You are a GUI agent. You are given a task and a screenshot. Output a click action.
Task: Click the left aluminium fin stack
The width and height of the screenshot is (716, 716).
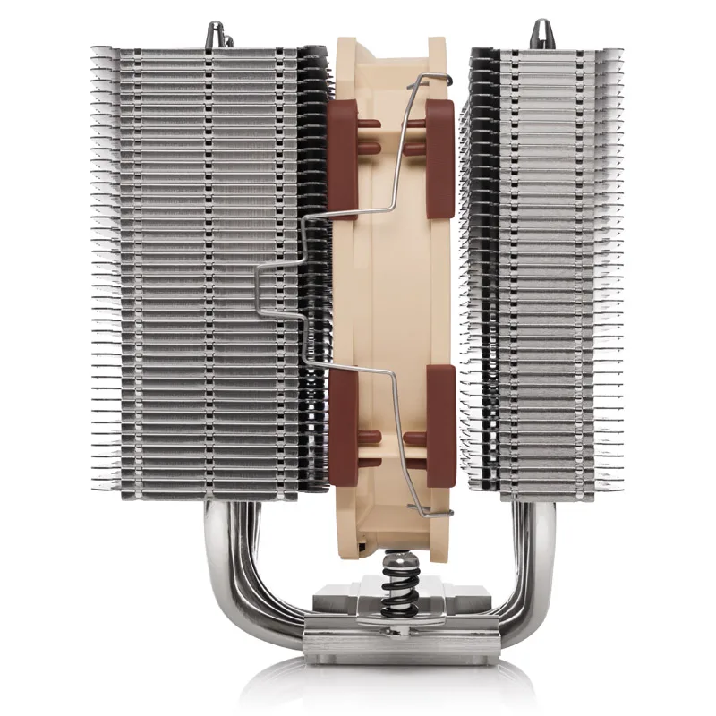tap(206, 268)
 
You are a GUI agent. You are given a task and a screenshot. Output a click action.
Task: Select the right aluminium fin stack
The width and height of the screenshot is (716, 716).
tap(537, 268)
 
